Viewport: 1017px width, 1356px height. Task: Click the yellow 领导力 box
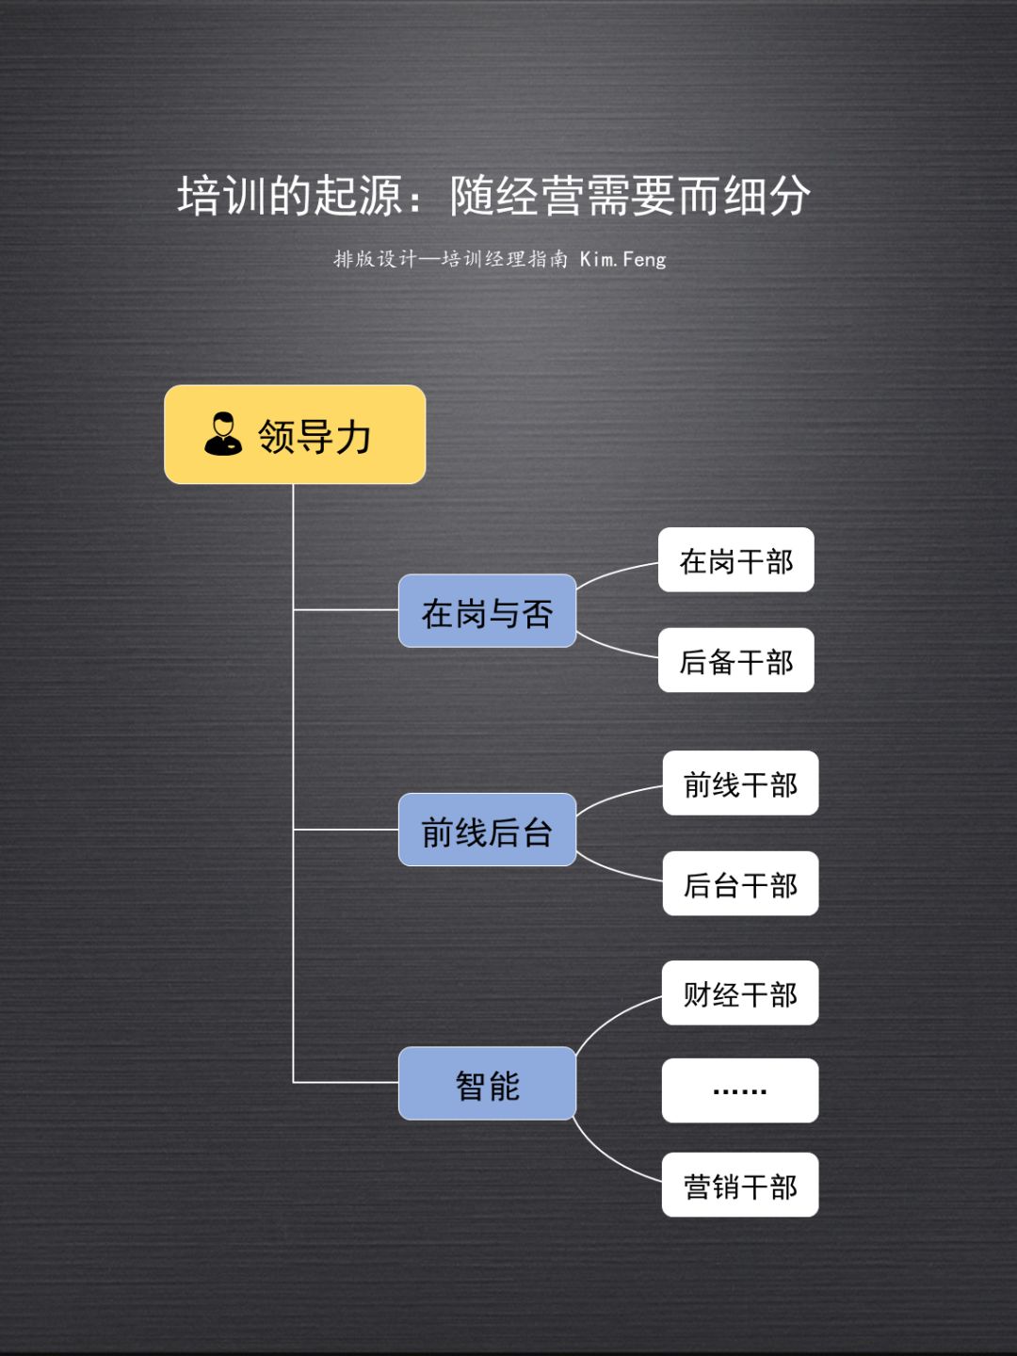pyautogui.click(x=295, y=435)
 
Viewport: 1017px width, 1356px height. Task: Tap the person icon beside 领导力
pyautogui.click(x=223, y=434)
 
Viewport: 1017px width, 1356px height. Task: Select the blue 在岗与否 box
pyautogui.click(x=487, y=611)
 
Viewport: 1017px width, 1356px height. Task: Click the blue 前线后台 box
pyautogui.click(x=487, y=830)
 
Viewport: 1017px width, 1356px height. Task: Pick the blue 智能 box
pyautogui.click(x=487, y=1083)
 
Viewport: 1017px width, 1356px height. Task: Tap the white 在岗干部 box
pyautogui.click(x=735, y=560)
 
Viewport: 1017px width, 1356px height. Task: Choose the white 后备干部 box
pyautogui.click(x=735, y=660)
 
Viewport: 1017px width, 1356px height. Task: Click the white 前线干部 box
pyautogui.click(x=740, y=783)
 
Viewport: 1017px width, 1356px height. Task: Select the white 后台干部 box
pyautogui.click(x=740, y=883)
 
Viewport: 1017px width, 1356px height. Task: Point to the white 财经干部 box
pyautogui.click(x=740, y=993)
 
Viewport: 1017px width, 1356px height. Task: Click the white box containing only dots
pyautogui.click(x=740, y=1090)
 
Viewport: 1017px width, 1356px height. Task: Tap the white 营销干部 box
pyautogui.click(x=740, y=1185)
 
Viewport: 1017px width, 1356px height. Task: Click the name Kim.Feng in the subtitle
pyautogui.click(x=622, y=259)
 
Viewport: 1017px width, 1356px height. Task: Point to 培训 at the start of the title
pyautogui.click(x=222, y=196)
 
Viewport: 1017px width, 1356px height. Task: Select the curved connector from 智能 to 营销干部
pyautogui.click(x=607, y=1157)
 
